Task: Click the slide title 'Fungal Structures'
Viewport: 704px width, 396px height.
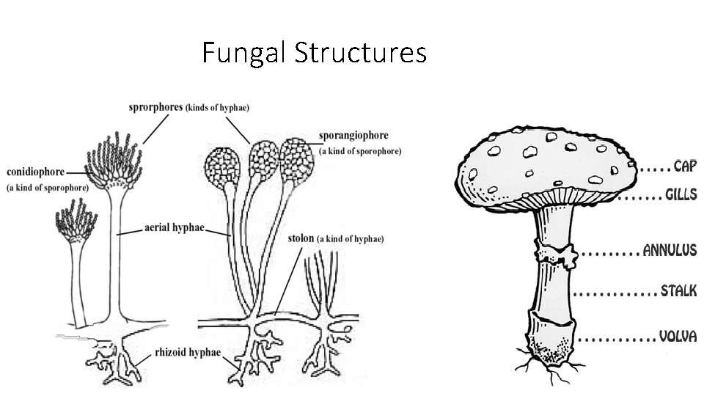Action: [314, 53]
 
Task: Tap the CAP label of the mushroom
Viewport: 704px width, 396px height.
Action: [685, 166]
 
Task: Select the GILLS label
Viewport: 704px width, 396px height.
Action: [681, 196]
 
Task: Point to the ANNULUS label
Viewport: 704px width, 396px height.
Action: [670, 251]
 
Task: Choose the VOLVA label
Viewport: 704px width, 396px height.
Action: [678, 337]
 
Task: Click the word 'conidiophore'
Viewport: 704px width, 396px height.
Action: [34, 172]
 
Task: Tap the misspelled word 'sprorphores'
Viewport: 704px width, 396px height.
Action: [155, 107]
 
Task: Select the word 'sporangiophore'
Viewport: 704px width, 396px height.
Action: [353, 136]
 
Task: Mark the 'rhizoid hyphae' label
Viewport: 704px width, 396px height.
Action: [187, 353]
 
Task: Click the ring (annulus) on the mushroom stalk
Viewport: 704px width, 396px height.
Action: [558, 252]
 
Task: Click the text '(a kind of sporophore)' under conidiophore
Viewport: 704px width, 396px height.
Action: [47, 187]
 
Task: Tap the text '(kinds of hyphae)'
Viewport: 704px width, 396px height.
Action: [217, 108]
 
